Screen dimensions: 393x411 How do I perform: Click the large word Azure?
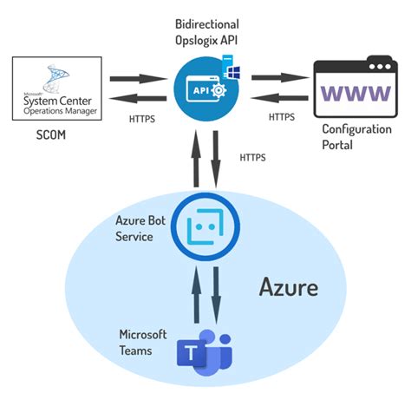(x=290, y=287)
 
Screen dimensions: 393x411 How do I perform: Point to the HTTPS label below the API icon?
(x=254, y=158)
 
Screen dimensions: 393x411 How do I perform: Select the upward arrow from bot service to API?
(x=195, y=160)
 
